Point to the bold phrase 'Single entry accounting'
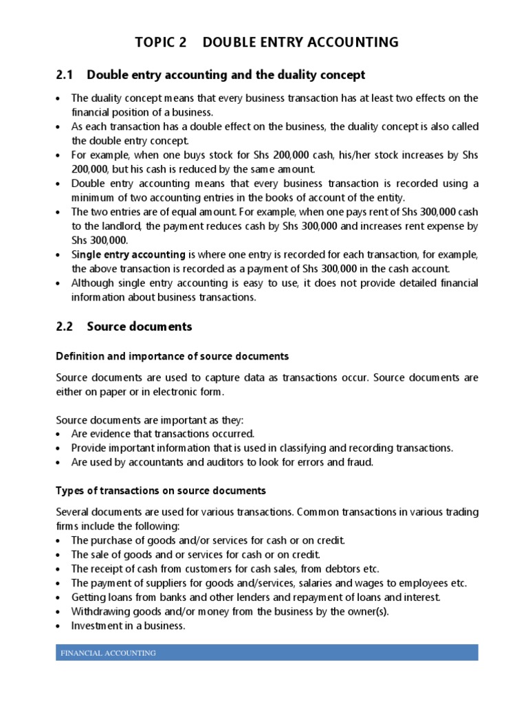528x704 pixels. (129, 254)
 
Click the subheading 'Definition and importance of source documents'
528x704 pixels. (172, 356)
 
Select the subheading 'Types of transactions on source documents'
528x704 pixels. (160, 491)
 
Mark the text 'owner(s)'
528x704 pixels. (368, 612)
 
